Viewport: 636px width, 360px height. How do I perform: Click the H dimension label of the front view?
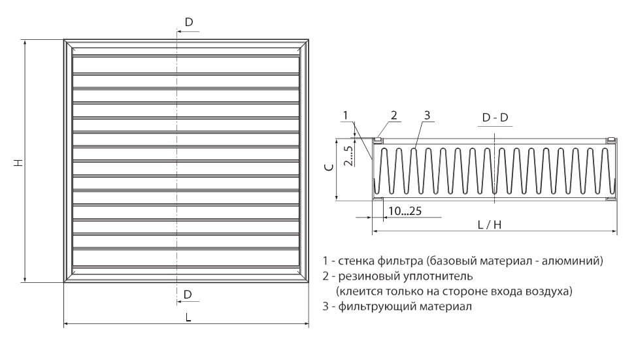18,163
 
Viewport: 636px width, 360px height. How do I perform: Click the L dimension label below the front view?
188,318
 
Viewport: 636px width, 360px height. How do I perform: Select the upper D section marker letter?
189,22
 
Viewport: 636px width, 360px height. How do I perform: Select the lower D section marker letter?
188,294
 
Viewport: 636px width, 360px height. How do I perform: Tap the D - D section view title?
495,118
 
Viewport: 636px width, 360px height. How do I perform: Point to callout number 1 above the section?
345,116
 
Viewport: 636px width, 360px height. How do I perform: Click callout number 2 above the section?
394,115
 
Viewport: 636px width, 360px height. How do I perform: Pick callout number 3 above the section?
427,115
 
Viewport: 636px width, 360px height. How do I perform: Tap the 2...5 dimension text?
348,155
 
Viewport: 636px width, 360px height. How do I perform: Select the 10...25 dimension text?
405,211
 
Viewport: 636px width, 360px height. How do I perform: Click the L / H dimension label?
489,225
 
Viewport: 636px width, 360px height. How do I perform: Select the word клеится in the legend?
360,291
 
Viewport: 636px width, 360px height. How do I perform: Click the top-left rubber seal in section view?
377,140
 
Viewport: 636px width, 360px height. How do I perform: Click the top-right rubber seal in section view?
611,140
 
